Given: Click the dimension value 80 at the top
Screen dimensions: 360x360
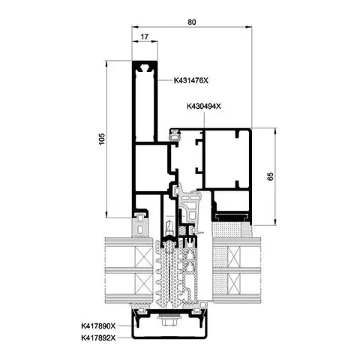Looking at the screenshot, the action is tap(192, 22).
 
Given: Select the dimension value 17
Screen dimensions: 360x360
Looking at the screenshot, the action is tap(145, 37).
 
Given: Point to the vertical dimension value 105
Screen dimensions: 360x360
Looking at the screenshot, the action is tap(102, 139).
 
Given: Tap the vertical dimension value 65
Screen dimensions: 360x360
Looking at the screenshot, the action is tap(271, 176).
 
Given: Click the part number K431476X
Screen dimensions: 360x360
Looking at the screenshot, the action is tap(191, 80).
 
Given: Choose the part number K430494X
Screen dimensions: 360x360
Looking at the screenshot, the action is tap(204, 106).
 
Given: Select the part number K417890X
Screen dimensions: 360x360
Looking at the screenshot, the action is tap(98, 326).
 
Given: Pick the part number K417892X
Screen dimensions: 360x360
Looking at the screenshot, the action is tap(98, 338).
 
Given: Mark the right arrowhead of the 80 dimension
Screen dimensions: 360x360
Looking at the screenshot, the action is tap(249, 27).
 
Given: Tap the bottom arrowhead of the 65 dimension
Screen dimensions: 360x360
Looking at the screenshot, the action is tap(275, 222).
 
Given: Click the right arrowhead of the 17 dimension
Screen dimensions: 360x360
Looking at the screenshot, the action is tap(154, 41).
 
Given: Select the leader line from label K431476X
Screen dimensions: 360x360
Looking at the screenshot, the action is tap(165, 80).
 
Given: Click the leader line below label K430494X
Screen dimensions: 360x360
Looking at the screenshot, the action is tap(204, 120).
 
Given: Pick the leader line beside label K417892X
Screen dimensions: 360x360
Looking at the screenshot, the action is tap(124, 338).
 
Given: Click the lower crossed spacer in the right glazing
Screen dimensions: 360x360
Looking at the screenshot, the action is tap(235, 283).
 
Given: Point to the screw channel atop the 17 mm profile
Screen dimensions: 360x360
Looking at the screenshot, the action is tap(144, 67).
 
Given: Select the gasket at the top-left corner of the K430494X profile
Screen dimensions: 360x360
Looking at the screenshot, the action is tap(175, 134).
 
